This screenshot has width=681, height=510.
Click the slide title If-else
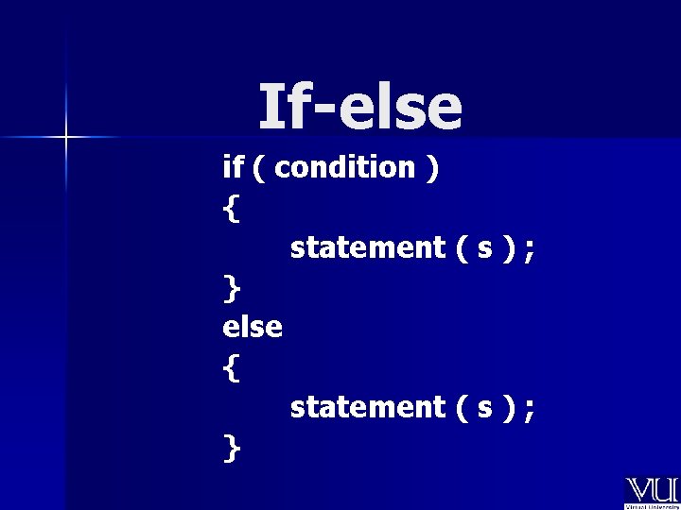pyautogui.click(x=360, y=107)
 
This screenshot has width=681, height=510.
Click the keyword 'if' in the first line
pyautogui.click(x=233, y=167)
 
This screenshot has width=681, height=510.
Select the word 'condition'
pyautogui.click(x=346, y=167)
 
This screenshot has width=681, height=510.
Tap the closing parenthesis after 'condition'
pyautogui.click(x=432, y=168)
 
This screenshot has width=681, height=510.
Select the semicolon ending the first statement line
pyautogui.click(x=529, y=249)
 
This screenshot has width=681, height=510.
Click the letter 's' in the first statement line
pyautogui.click(x=483, y=249)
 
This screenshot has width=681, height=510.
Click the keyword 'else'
pyautogui.click(x=253, y=327)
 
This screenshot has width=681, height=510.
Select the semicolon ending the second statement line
pyautogui.click(x=529, y=409)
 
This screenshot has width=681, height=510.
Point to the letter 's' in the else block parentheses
pyautogui.click(x=483, y=409)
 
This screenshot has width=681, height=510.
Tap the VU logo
pyautogui.click(x=651, y=492)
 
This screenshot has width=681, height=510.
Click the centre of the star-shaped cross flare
pyautogui.click(x=65, y=138)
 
